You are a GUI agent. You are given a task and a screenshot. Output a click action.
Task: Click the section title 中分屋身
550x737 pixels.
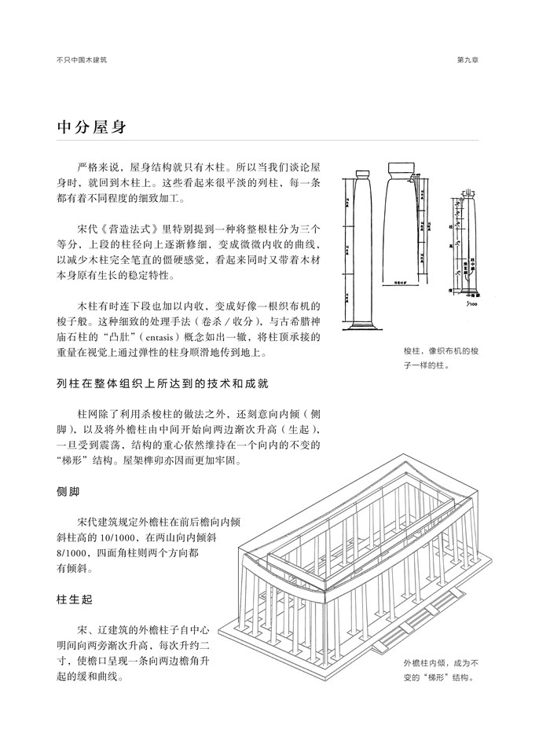coord(92,126)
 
